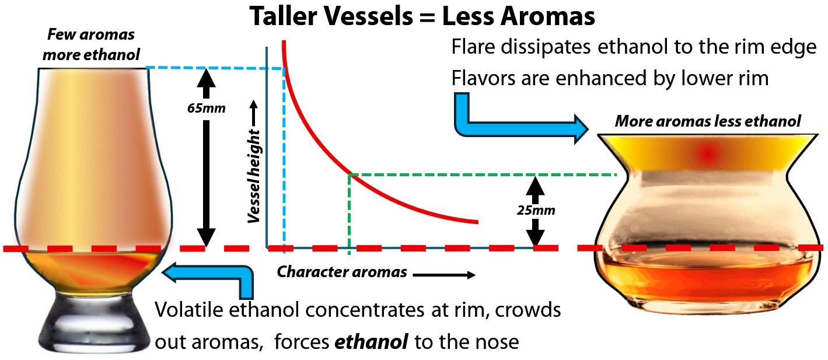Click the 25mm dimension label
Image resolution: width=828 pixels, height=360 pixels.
[536, 210]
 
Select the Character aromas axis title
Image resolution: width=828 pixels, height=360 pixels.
[341, 272]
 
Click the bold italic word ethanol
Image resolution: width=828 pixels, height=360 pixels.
[371, 342]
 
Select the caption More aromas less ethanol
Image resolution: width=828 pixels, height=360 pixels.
[708, 121]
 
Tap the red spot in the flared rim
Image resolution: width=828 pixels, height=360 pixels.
[708, 153]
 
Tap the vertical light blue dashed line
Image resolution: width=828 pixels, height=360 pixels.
[284, 158]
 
